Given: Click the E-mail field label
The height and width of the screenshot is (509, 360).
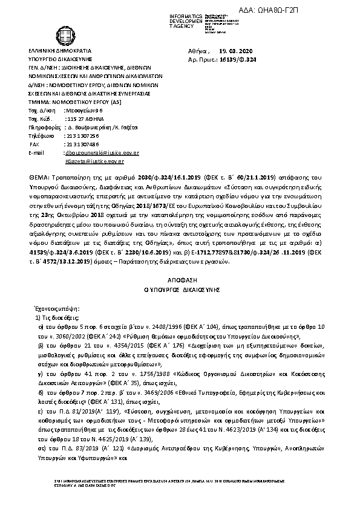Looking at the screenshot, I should pyautogui.click(x=36, y=153).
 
